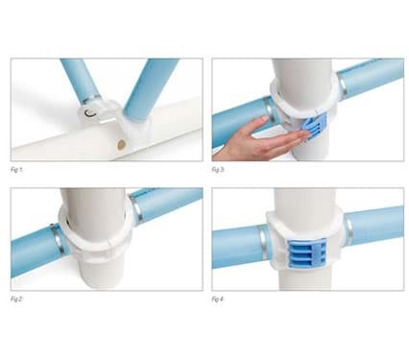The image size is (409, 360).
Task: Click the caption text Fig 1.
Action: click(x=18, y=169)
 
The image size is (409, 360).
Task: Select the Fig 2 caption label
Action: click(x=18, y=299)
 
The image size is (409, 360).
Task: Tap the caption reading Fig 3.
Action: click(x=219, y=169)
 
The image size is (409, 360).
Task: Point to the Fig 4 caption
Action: click(x=219, y=299)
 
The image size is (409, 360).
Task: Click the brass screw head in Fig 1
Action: click(x=121, y=144)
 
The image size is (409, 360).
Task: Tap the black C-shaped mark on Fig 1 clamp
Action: click(x=90, y=113)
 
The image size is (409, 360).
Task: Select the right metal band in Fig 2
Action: click(x=136, y=209)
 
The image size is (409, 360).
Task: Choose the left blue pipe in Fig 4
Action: click(x=236, y=248)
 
